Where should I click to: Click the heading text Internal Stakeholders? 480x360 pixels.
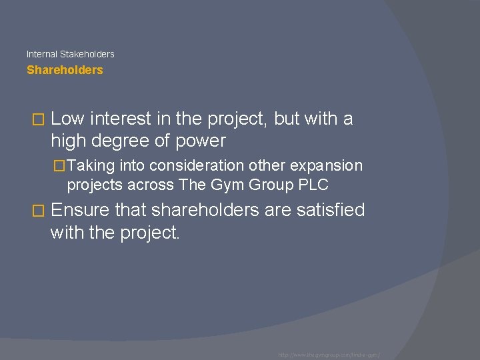[70, 54]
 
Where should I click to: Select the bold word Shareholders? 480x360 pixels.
[65, 70]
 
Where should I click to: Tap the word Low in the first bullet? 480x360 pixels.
[67, 119]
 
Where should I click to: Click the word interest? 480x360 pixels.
[117, 119]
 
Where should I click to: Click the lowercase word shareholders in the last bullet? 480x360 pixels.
[206, 211]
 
